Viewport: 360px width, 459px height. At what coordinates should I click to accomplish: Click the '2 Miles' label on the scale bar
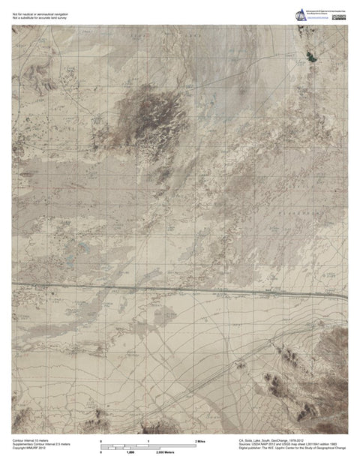pos(201,441)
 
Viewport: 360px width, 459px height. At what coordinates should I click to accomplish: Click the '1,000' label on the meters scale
pos(129,454)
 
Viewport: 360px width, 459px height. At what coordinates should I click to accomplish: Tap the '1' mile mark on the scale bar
pos(148,441)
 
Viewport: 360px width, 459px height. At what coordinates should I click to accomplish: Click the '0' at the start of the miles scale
pos(101,441)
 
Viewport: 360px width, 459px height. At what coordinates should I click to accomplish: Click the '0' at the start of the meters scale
pos(101,454)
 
